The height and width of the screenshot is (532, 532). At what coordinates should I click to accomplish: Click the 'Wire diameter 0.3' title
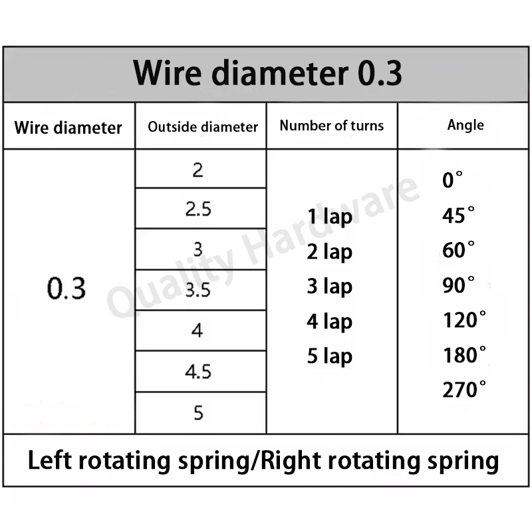pos(267,73)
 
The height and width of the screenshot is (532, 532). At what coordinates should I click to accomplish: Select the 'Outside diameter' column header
pos(203,127)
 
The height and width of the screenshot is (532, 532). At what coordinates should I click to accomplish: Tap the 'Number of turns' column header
pos(331,126)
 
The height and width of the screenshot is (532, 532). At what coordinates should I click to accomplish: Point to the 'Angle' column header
pos(465,125)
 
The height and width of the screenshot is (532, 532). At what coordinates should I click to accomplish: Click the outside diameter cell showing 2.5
pos(198,209)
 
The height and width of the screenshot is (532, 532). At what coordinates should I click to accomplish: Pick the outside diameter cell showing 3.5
pos(198,290)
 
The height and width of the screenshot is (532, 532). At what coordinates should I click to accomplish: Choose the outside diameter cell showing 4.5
pos(198,372)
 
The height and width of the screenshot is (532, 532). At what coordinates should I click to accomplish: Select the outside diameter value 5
pos(198,413)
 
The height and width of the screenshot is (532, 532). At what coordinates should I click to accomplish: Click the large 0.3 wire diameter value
pos(66,289)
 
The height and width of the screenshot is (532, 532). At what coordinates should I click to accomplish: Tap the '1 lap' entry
pos(329,217)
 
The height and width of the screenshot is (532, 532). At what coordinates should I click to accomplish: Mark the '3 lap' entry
pos(329,287)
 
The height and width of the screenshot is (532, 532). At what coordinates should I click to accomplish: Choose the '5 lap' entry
pos(329,356)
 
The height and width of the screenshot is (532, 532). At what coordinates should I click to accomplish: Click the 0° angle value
pos(452,180)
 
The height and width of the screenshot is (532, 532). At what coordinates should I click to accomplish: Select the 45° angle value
pos(458,215)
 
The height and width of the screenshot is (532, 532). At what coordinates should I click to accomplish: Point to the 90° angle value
pos(458,285)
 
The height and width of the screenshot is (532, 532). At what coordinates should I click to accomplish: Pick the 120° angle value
pos(464,320)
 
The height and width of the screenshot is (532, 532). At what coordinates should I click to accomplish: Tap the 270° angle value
pos(464,390)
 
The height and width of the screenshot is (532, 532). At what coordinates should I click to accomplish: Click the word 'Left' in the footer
pos(49,460)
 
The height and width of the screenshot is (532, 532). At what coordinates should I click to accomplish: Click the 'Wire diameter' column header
pos(68,128)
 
